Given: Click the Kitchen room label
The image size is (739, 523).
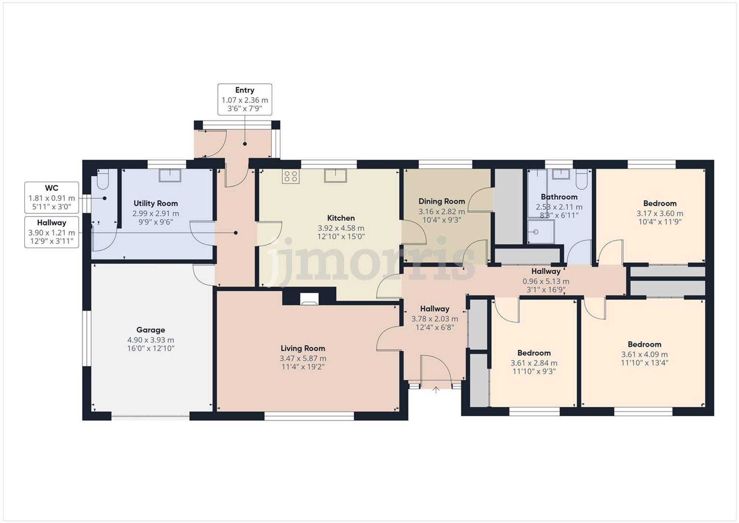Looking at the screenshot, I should (x=341, y=218).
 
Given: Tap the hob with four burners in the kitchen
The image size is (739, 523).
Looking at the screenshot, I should (x=290, y=176).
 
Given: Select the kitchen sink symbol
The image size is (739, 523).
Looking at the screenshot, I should (x=335, y=176).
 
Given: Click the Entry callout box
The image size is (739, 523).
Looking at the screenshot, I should (x=245, y=99).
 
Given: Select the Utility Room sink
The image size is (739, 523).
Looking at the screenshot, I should (x=170, y=175).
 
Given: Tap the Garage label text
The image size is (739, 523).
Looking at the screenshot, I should (x=150, y=330).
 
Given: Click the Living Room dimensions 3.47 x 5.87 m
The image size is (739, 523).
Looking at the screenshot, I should (x=303, y=358).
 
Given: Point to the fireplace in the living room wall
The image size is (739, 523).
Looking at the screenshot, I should (x=309, y=299).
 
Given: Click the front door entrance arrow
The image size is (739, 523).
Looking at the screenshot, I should (x=436, y=390).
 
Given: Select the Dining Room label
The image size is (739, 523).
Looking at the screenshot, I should (x=442, y=201).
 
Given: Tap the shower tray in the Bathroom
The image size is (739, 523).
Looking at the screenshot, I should (x=541, y=232).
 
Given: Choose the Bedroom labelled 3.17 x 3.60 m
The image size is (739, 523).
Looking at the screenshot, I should (x=660, y=213).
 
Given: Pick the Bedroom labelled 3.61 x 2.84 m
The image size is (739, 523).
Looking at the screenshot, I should (x=534, y=363).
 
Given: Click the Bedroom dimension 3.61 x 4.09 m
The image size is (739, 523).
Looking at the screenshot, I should (x=644, y=354).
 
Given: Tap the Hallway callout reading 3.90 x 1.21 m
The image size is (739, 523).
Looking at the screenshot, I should (x=51, y=232).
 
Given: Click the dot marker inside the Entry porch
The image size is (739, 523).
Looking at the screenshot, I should (x=245, y=144).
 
